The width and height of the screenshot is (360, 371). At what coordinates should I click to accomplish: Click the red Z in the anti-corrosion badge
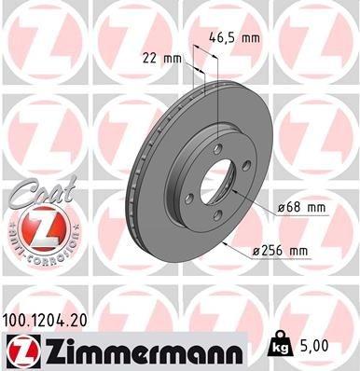pos(40,227)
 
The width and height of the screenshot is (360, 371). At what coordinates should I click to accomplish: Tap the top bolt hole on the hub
pos(217,148)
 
